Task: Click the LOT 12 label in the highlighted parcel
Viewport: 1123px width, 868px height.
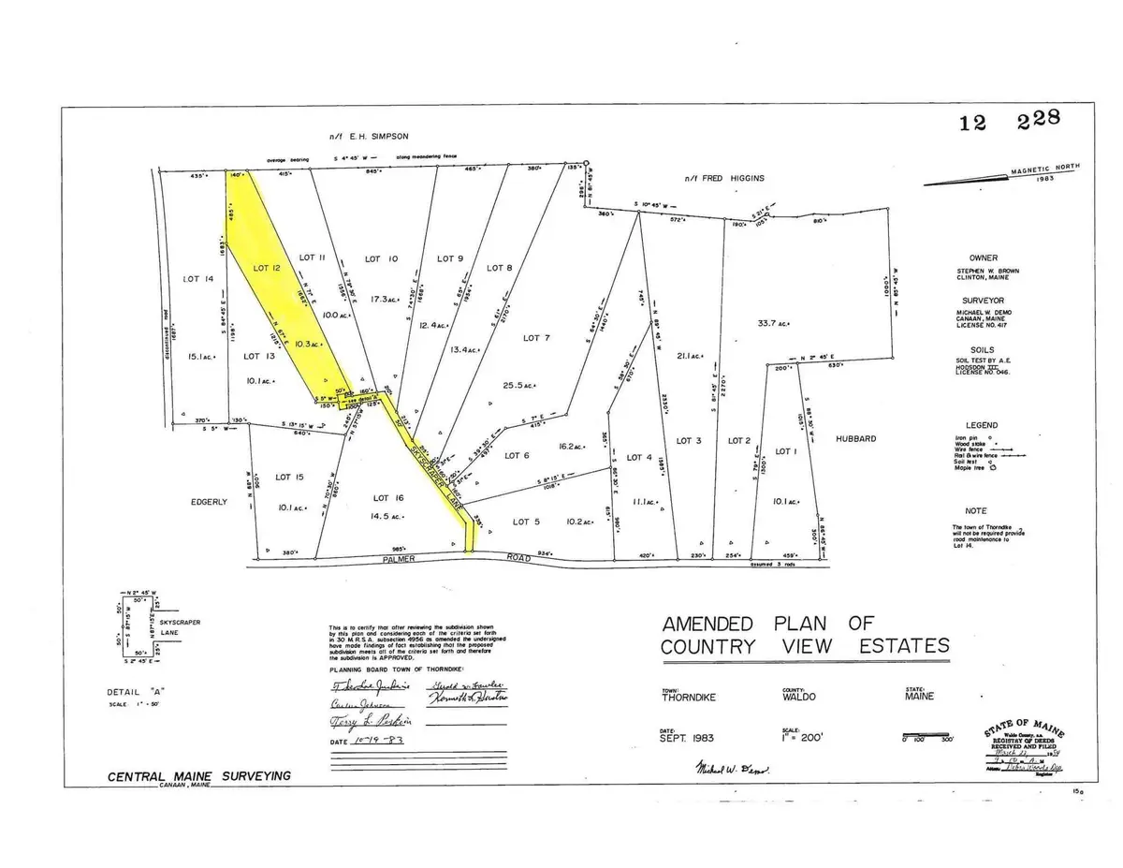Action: click(267, 269)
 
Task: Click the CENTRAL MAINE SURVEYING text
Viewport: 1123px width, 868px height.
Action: click(198, 775)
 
